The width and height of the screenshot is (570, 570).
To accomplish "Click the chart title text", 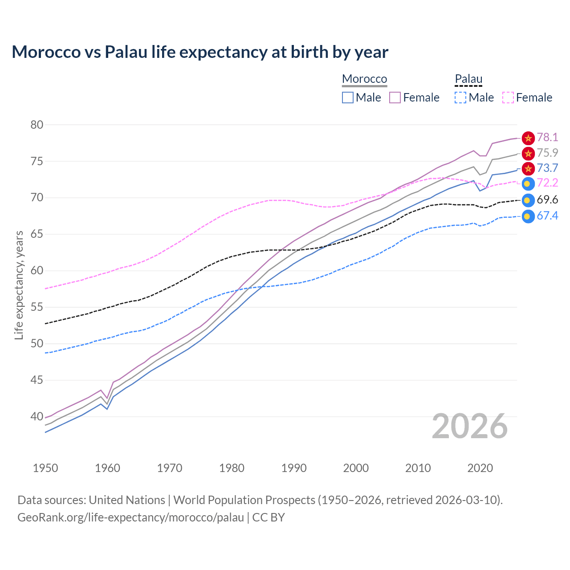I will tap(200, 52).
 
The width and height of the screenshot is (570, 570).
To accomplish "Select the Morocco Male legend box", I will tap(348, 98).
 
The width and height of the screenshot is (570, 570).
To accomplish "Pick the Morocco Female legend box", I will tap(395, 98).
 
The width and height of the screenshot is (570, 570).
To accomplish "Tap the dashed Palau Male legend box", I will tap(460, 98).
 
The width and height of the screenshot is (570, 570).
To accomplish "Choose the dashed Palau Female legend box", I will tap(508, 98).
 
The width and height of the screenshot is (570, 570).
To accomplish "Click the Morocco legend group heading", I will tap(364, 79).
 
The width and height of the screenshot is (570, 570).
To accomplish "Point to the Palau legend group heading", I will tap(468, 79).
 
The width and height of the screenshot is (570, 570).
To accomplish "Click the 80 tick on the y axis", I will tap(37, 125).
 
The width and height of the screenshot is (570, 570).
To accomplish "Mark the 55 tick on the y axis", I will tap(37, 307).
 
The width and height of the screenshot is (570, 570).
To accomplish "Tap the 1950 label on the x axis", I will tap(46, 468).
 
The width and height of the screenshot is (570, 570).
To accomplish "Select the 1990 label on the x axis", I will tap(294, 468).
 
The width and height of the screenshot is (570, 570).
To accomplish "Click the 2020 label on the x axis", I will tap(480, 468).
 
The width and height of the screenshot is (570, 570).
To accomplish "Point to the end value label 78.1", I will tap(547, 137).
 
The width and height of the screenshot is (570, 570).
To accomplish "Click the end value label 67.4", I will tap(547, 216).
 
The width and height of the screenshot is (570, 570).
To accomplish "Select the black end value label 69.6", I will tap(547, 199).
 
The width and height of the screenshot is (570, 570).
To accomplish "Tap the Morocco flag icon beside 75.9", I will tap(528, 154).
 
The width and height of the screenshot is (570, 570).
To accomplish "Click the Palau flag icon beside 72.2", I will tap(528, 183).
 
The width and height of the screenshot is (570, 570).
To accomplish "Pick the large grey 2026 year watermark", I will tap(470, 427).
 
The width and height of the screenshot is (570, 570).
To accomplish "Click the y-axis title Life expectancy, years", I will tap(19, 285).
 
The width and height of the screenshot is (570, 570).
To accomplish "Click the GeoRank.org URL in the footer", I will tap(130, 517).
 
